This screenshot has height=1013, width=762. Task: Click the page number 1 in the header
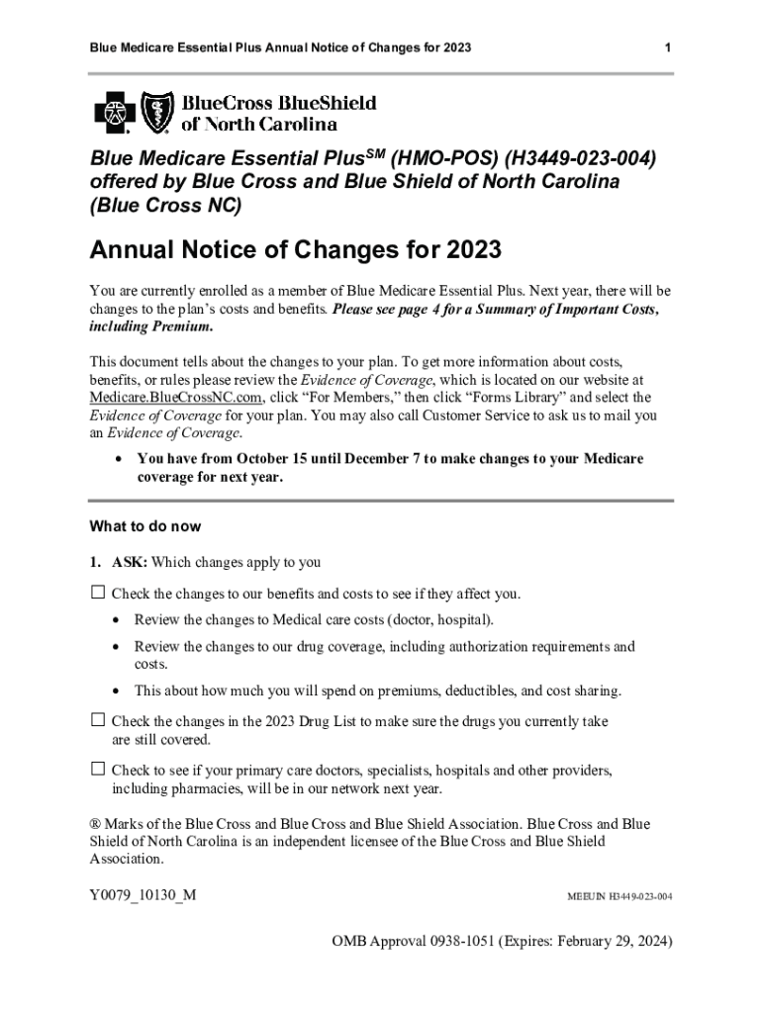[x=668, y=47]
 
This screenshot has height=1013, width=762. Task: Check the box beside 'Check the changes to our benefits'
[x=98, y=593]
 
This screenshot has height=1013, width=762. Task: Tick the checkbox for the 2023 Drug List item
[x=98, y=720]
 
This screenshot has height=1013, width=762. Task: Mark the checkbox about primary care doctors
[x=98, y=769]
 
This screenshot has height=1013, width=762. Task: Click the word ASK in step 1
[x=130, y=562]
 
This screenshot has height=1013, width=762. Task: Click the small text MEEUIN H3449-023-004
[x=619, y=896]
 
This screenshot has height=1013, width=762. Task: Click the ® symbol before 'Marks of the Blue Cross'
[x=95, y=824]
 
